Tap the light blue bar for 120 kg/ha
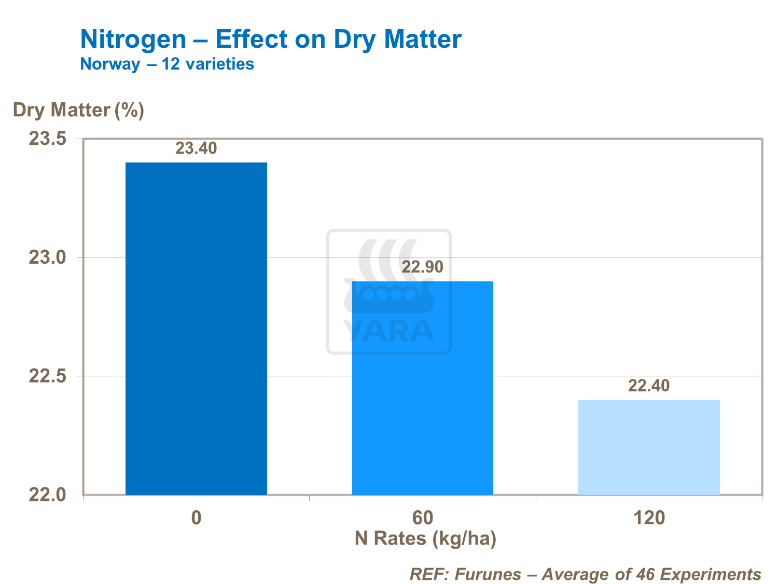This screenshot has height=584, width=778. (649, 447)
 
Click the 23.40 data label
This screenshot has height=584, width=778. (196, 148)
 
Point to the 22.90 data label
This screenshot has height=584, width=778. (423, 267)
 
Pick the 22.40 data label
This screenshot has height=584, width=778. (649, 386)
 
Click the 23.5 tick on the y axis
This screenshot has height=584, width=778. (47, 139)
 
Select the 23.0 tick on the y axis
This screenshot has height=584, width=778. (47, 257)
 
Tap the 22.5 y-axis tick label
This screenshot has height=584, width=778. (47, 376)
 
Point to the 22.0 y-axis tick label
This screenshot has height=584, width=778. (47, 495)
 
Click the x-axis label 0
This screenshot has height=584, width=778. (196, 518)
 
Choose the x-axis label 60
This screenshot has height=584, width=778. (422, 518)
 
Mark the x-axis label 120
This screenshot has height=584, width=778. (649, 518)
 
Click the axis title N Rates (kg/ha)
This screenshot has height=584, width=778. (425, 539)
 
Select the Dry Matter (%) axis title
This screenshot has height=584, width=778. (78, 110)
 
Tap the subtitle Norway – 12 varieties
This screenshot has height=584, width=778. (167, 64)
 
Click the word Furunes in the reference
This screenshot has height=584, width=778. (488, 574)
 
